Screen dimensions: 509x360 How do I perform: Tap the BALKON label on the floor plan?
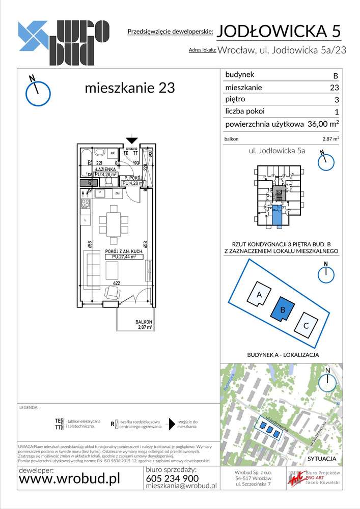point(144,322)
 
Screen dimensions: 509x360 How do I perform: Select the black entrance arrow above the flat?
point(132,140)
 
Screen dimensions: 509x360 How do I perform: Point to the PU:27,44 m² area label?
point(124,257)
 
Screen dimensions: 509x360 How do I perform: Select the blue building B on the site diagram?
point(283,309)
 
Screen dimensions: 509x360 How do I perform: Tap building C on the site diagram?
point(306,325)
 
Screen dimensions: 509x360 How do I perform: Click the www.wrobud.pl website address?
point(69,479)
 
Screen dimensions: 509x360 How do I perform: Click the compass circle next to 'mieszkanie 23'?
point(38,93)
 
